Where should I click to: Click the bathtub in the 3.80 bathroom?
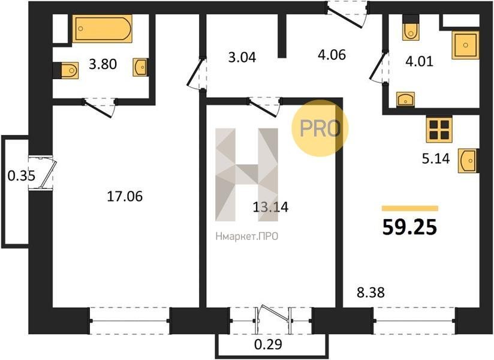coord(102,28)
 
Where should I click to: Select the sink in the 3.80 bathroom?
coord(140,67)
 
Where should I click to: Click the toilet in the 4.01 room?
coord(411,28)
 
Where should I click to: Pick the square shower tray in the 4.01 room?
coord(465,45)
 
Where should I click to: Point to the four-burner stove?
coord(439,130)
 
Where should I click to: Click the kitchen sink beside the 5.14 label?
coord(468,160)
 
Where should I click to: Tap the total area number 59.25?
coord(409,227)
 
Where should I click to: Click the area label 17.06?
coord(125,196)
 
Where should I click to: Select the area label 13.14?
coord(270,207)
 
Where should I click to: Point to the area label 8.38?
coord(370,293)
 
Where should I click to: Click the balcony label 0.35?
coord(22,176)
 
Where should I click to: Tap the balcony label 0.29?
coord(268,344)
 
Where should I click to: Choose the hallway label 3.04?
coord(242,58)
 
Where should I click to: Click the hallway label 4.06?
coord(332,55)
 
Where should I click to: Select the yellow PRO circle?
coord(320,128)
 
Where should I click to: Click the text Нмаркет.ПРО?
coord(247,236)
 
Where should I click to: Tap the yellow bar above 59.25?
coord(410,208)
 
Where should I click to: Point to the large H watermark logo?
coord(246,175)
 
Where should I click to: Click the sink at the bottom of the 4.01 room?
coord(405,99)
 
